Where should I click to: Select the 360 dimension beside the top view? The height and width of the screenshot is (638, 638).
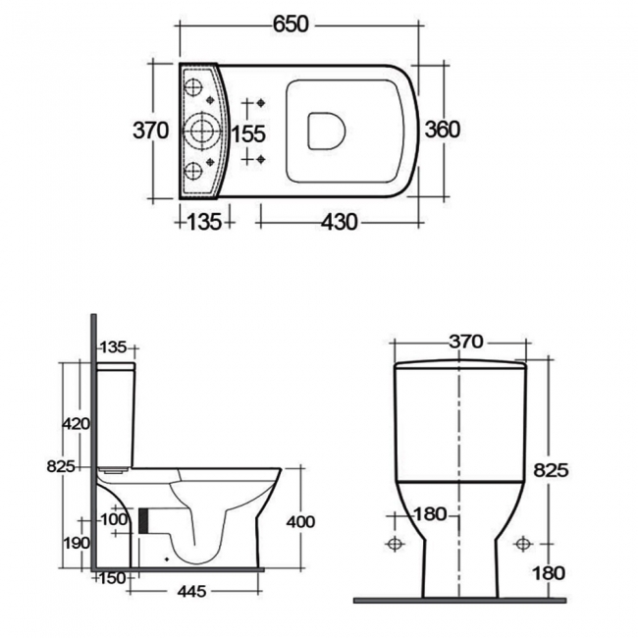442,129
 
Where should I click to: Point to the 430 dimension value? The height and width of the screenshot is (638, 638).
339,223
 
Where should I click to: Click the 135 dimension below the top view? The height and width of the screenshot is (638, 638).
203,223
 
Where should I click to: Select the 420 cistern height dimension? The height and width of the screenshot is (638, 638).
77,424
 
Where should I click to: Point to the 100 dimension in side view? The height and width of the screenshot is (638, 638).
115,518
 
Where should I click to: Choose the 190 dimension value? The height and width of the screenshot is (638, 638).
77,543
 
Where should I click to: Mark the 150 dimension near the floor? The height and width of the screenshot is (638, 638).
113,577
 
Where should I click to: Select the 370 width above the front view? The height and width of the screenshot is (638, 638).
465,342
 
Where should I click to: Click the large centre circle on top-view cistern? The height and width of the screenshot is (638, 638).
202,131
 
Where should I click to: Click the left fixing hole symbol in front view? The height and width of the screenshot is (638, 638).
396,543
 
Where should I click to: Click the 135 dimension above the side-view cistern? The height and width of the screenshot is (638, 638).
114,346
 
